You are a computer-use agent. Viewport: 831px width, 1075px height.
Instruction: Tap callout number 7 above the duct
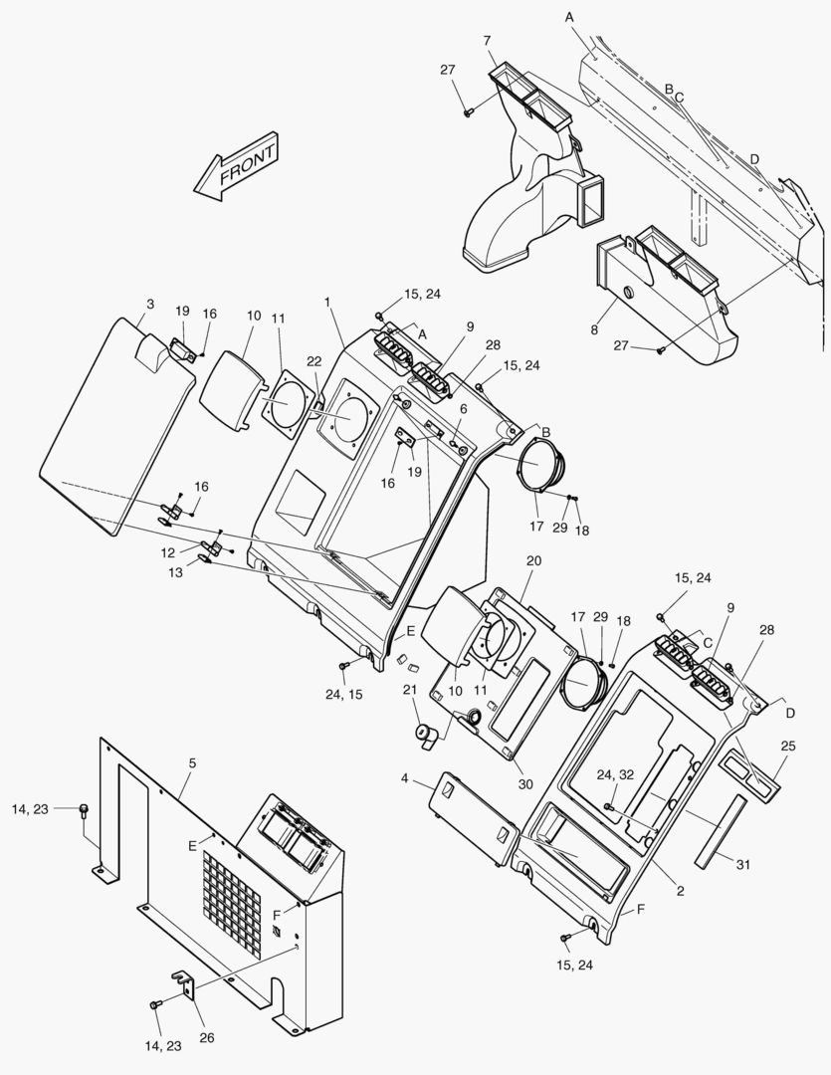(487, 40)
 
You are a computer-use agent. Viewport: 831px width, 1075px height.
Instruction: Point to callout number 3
(149, 304)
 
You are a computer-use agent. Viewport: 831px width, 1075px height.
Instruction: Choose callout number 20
(533, 561)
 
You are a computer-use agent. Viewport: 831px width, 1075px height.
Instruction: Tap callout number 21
(409, 691)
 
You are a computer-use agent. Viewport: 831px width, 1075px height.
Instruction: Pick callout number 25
(787, 746)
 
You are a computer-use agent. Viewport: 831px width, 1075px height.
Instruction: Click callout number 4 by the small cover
(405, 776)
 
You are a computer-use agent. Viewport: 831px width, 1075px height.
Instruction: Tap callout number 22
(314, 360)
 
